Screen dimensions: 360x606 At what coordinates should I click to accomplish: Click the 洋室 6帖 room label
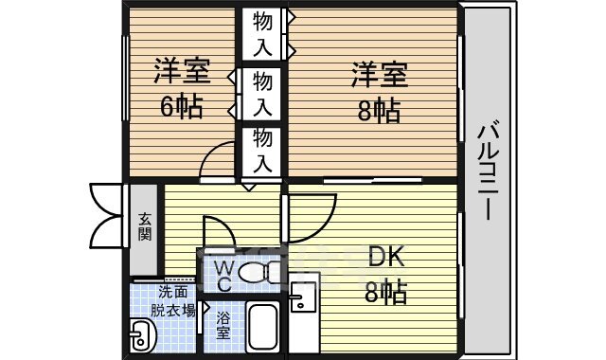tap(180, 88)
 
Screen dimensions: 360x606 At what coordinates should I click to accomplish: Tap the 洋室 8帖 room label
tap(379, 92)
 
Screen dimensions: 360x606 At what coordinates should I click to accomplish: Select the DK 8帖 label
tap(386, 274)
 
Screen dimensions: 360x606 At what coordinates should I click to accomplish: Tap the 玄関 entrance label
tap(145, 227)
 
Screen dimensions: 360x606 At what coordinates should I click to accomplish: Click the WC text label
tap(223, 275)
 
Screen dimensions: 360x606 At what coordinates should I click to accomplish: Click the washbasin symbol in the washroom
tap(143, 334)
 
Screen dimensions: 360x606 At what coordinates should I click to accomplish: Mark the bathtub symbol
tap(261, 328)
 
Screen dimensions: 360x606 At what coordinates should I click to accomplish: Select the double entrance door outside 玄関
tap(107, 213)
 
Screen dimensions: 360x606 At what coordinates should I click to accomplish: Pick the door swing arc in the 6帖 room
tap(219, 157)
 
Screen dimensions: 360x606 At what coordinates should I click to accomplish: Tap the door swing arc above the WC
tap(217, 232)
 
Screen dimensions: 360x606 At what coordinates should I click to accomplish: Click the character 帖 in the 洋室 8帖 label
tap(386, 110)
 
